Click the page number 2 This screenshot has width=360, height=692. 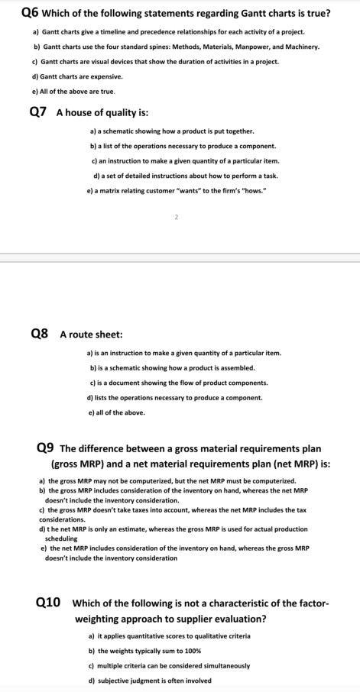176,218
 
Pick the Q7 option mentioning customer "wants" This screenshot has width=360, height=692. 177,189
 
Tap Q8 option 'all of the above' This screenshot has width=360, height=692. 116,412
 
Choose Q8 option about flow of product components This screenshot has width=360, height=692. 179,382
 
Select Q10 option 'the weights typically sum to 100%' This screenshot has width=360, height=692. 144,651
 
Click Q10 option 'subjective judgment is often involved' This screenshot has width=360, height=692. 151,681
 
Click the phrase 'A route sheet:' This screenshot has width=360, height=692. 90,335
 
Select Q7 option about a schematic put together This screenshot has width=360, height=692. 172,131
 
